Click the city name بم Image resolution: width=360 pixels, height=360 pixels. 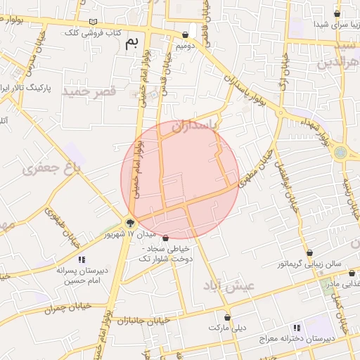tap(132, 43)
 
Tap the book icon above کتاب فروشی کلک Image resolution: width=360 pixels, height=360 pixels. tap(95, 22)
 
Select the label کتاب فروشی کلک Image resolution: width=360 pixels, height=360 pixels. tap(94, 33)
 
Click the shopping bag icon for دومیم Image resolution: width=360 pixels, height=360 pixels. tap(193, 33)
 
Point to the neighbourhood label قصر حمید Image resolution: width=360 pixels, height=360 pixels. tap(88, 92)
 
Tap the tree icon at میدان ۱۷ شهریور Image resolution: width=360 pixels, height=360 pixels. tap(130, 223)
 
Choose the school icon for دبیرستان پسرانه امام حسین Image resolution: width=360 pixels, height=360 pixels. tap(82, 259)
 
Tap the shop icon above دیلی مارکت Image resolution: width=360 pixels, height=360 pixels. tap(227, 317)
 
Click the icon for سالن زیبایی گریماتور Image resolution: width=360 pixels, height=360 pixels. tap(309, 253)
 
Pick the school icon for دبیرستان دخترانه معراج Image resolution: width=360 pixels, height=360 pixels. tap(297, 328)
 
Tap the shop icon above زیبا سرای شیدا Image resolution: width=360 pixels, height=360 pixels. tap(337, 13)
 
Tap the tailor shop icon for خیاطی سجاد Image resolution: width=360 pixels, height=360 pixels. tap(165, 238)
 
